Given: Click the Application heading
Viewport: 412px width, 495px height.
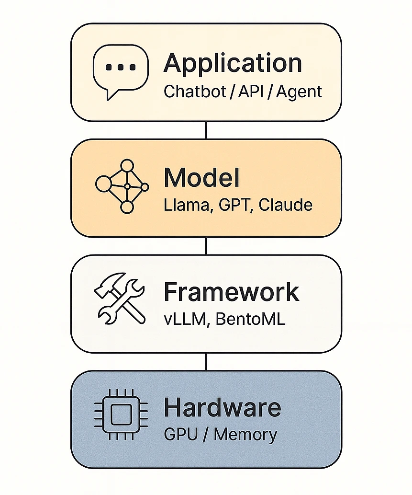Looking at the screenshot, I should (233, 64).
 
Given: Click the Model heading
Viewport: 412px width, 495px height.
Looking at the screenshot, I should (201, 179).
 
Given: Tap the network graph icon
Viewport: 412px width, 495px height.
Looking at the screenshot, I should (122, 186).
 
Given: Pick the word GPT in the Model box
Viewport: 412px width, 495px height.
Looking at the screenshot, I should (232, 205).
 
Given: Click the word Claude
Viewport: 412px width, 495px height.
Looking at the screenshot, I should (286, 205).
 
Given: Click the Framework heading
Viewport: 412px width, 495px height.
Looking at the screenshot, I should (232, 292).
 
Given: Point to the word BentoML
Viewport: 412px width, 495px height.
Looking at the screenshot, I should (250, 319).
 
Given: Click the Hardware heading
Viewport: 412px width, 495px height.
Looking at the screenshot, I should (223, 408).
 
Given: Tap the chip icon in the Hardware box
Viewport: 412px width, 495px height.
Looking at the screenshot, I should (121, 415).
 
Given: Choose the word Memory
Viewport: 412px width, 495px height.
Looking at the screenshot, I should (245, 435).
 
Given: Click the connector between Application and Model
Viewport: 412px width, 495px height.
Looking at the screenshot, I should (206, 130).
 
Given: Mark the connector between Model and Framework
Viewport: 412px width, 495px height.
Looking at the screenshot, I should (206, 245).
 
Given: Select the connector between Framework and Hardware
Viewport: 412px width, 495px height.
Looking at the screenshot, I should (206, 361).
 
